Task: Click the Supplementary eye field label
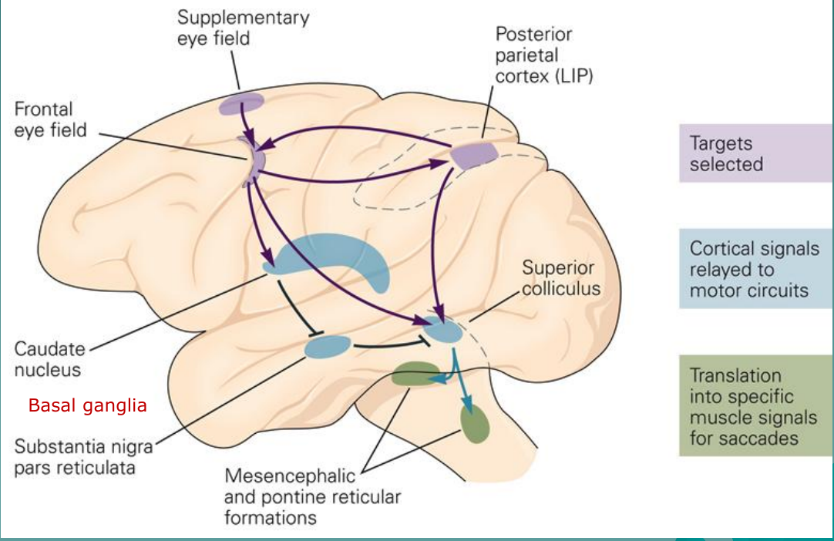(x=243, y=27)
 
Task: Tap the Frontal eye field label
(x=50, y=119)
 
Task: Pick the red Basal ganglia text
(x=87, y=405)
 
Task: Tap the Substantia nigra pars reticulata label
(x=82, y=457)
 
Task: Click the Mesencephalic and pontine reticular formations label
(x=312, y=496)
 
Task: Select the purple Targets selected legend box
(x=755, y=153)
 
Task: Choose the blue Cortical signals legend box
(x=755, y=269)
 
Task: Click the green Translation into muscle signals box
(x=755, y=405)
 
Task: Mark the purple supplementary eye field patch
(x=241, y=103)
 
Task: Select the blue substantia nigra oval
(x=328, y=347)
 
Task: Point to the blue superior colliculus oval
(x=442, y=331)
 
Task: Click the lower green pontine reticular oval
(x=475, y=424)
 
